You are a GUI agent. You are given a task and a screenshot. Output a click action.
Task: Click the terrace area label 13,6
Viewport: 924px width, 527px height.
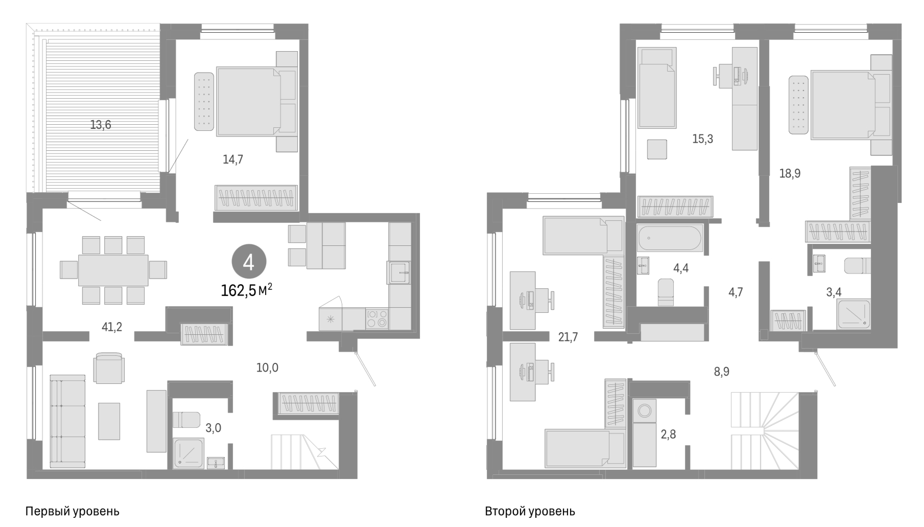(x=101, y=124)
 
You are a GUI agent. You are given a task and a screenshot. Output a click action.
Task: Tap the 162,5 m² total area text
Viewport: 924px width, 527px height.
(x=246, y=290)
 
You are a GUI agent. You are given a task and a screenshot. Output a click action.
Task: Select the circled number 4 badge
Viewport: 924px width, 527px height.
(x=249, y=263)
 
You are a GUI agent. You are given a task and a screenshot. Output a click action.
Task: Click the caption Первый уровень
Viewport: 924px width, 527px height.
(x=72, y=511)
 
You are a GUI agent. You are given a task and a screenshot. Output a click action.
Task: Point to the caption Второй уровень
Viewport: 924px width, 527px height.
(x=530, y=511)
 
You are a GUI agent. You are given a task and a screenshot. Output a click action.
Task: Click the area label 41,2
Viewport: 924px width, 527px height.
(x=112, y=327)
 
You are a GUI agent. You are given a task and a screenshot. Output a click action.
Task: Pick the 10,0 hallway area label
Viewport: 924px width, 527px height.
(x=267, y=367)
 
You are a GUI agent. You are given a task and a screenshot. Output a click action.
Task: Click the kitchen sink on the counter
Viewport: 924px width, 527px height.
(x=399, y=272)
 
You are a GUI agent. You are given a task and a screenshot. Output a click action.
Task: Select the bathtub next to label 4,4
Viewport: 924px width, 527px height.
(x=670, y=238)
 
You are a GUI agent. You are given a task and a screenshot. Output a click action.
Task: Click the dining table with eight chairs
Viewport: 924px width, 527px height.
(x=113, y=270)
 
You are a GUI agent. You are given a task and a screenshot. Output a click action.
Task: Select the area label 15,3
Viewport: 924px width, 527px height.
(x=702, y=139)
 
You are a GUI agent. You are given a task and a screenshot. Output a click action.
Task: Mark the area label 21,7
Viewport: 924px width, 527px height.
(x=568, y=336)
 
